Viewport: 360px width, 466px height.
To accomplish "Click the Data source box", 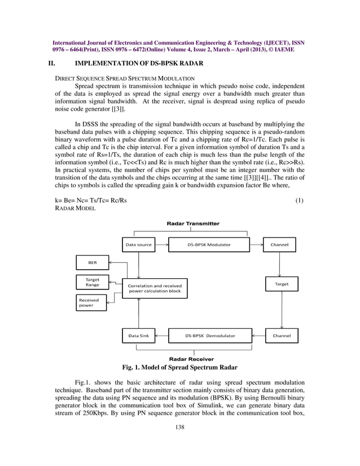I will [x=139, y=245].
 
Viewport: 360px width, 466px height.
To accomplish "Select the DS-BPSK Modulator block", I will [x=209, y=245].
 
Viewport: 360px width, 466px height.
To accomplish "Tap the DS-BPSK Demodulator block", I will [x=210, y=336].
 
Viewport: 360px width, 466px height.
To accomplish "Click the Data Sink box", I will [x=138, y=336].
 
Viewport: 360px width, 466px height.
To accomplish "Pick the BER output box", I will [x=92, y=262].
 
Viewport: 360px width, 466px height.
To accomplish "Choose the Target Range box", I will [x=92, y=282].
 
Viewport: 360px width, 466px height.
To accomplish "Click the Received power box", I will [x=92, y=303].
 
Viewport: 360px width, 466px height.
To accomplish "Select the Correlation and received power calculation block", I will [x=155, y=289].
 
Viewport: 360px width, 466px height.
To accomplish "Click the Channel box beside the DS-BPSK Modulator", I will [x=281, y=245].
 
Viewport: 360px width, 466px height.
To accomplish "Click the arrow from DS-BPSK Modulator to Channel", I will [x=257, y=245].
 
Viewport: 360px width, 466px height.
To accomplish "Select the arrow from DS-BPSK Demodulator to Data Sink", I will [x=161, y=336].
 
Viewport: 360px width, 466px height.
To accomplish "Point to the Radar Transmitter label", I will [x=193, y=223].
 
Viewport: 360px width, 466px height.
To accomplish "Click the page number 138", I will [x=180, y=427].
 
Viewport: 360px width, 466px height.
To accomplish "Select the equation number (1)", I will [x=300, y=200].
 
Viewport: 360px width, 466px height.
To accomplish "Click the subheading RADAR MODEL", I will [x=75, y=208].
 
